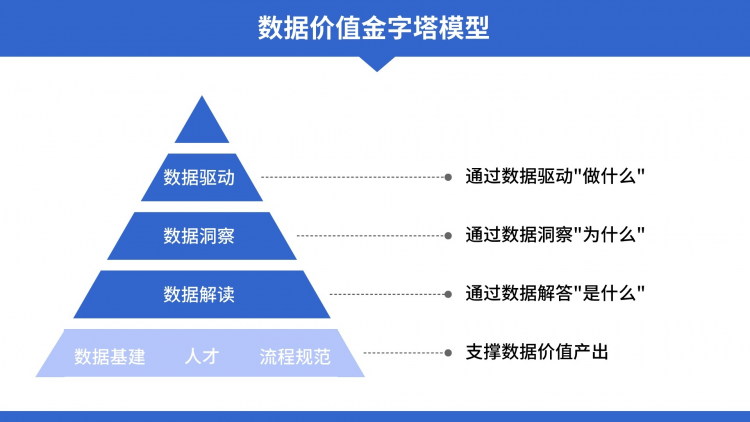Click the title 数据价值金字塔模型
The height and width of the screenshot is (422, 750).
(374, 28)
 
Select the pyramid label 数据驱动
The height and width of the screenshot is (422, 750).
(199, 178)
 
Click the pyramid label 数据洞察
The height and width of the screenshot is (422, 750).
(199, 236)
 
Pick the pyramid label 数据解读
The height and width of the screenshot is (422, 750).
(199, 294)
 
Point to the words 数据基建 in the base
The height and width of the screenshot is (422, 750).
(110, 356)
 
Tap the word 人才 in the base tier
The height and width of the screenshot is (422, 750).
(202, 356)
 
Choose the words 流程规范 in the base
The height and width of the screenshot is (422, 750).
(295, 356)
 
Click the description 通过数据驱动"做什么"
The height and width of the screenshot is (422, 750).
(555, 176)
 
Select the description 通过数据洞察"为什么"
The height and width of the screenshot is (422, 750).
(555, 234)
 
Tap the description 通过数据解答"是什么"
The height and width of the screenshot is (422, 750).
(555, 293)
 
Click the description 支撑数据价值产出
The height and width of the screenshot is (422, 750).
(537, 352)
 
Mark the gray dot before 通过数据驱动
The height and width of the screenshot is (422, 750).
(448, 178)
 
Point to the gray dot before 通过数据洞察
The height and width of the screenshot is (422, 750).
(448, 236)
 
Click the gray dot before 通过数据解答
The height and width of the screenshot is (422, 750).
(448, 294)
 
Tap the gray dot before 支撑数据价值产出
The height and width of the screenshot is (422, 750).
(448, 353)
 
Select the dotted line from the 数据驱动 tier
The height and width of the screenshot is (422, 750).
(353, 178)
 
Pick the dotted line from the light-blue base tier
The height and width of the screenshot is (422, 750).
(404, 353)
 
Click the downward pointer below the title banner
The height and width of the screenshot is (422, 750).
(377, 64)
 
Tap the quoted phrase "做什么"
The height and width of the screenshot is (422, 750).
(609, 176)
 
